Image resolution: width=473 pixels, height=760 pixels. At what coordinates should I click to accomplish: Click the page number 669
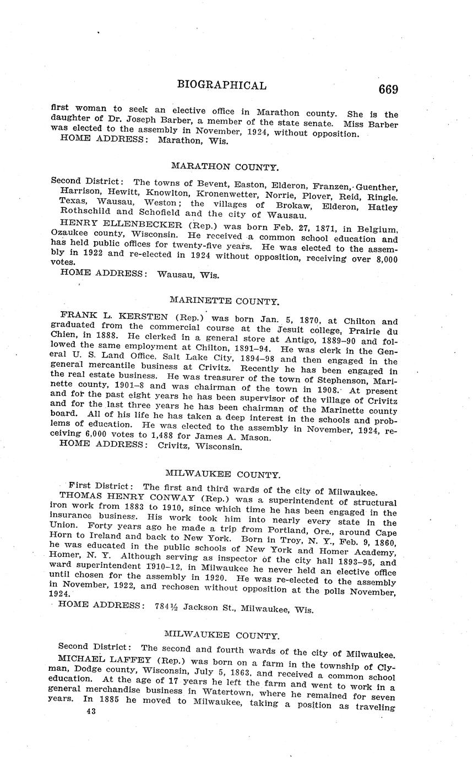pyautogui.click(x=388, y=89)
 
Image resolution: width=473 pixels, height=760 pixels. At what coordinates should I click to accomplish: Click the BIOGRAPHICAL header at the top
pyautogui.click(x=222, y=85)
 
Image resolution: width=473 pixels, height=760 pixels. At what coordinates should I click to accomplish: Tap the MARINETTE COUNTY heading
pyautogui.click(x=224, y=301)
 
